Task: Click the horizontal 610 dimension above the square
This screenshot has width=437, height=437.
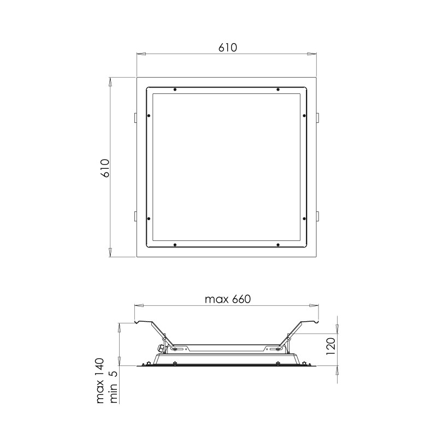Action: (227, 48)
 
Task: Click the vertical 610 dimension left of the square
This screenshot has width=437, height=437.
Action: (105, 168)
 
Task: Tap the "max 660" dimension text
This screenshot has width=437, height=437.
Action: (228, 299)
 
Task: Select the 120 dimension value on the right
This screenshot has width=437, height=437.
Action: (330, 346)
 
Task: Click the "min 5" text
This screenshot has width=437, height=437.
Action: (114, 387)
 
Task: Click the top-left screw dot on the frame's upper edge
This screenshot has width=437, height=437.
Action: (175, 90)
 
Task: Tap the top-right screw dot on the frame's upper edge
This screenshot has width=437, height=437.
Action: (278, 90)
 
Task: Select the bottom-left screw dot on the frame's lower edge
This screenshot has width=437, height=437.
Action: (175, 245)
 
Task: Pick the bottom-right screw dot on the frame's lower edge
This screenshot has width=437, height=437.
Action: (278, 245)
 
